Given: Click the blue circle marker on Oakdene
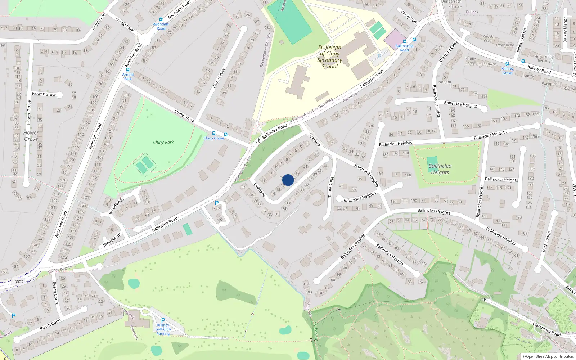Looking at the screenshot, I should click(x=288, y=180).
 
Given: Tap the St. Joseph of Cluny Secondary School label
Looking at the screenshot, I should click(x=329, y=57).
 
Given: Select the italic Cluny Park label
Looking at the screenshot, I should click(x=163, y=143).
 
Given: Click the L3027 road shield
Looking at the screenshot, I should click(x=18, y=282).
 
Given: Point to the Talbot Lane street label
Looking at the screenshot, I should click(x=330, y=187).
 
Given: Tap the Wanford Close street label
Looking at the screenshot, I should click(x=449, y=51).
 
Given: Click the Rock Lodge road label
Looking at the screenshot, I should click(x=546, y=242).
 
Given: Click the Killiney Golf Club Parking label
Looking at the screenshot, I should click(x=163, y=329).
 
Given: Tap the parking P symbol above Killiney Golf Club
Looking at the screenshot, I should click(x=163, y=320).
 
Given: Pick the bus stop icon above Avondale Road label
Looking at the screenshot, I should click(x=161, y=19).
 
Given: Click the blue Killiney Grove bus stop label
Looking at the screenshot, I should click(x=507, y=71).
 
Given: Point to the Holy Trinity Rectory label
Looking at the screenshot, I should click(x=544, y=59).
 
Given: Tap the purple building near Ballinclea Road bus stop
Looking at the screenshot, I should click(x=395, y=39).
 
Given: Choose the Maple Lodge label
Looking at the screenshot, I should click(x=471, y=61).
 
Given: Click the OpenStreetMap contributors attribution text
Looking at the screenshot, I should click(x=548, y=356).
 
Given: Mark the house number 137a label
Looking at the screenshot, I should click(x=63, y=258).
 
